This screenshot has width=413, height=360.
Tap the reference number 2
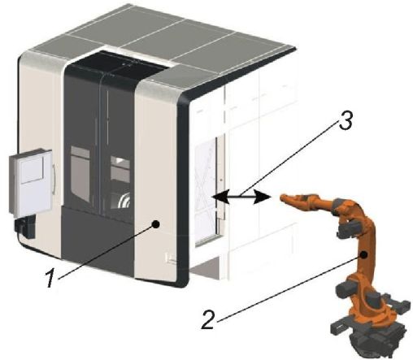(208, 319)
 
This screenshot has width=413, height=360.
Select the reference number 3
(346, 120)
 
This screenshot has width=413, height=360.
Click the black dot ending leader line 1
(156, 223)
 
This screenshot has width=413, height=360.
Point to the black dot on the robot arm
(364, 254)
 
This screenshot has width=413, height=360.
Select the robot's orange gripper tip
(285, 199)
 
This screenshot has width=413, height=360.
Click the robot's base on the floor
(368, 335)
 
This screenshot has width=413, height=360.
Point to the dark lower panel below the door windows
(98, 238)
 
